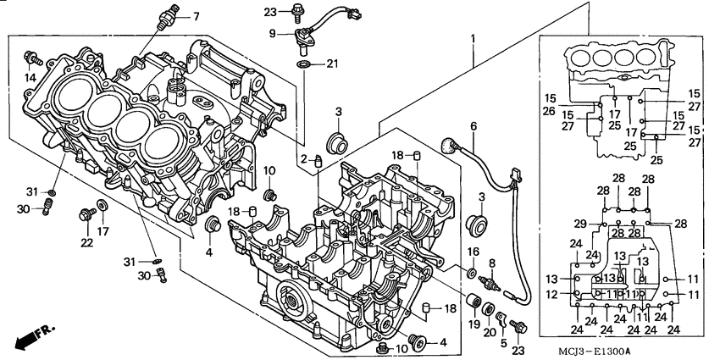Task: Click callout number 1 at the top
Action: (473, 39)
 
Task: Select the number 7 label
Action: (197, 16)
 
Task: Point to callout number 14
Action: (30, 77)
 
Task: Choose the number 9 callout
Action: (273, 33)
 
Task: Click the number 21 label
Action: (332, 64)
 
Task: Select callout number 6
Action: (474, 126)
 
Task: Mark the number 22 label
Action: (86, 243)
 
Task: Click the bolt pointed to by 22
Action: (86, 215)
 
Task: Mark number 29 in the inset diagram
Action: (578, 224)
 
